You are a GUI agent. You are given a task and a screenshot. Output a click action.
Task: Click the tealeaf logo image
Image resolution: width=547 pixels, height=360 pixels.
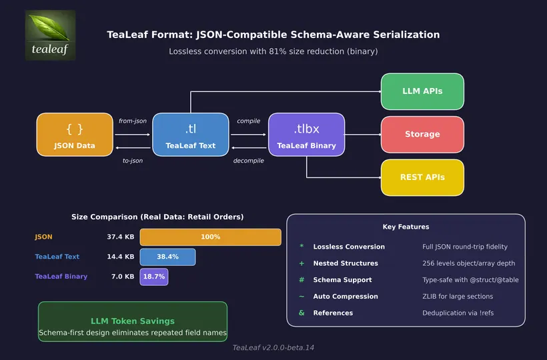point(50,35)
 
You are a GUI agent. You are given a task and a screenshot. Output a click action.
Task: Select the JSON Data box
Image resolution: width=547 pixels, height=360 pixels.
point(75,135)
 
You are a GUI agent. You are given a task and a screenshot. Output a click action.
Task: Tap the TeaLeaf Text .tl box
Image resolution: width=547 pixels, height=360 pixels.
point(191,135)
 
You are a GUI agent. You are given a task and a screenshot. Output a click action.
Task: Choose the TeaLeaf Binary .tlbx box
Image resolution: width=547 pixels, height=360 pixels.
point(306,135)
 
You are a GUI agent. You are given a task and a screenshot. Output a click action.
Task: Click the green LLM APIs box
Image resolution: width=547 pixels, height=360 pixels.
point(422,91)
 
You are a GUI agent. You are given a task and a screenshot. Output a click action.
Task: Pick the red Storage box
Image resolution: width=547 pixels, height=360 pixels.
point(422,134)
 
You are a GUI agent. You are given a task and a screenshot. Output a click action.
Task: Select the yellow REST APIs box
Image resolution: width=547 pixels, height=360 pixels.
point(422,177)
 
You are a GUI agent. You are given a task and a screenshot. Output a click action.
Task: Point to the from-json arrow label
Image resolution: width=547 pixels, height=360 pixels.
point(133,121)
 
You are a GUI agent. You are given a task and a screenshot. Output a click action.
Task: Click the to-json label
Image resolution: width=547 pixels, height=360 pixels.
point(133,161)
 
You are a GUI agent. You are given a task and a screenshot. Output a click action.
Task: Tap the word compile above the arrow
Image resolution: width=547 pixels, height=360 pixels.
point(249,121)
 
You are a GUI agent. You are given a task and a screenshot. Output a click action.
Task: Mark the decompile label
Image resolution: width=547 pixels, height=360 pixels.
point(249,161)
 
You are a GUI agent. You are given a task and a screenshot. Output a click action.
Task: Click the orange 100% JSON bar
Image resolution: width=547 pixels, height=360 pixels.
point(210,237)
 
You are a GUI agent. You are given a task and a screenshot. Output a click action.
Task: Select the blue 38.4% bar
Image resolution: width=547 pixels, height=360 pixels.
point(167,257)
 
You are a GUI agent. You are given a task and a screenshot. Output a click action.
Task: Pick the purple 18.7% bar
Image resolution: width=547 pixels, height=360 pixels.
point(153,276)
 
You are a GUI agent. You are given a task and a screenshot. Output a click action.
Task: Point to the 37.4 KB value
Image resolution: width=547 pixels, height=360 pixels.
point(120,237)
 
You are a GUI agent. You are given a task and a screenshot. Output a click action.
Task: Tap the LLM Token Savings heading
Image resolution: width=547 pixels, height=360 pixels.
point(133,321)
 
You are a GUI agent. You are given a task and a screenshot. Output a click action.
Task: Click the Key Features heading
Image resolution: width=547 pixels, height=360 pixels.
point(406,227)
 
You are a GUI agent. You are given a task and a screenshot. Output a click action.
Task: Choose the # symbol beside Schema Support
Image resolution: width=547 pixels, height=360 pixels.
point(302,280)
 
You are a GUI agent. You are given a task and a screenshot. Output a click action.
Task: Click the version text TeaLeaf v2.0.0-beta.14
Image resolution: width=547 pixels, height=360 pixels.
point(273,347)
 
